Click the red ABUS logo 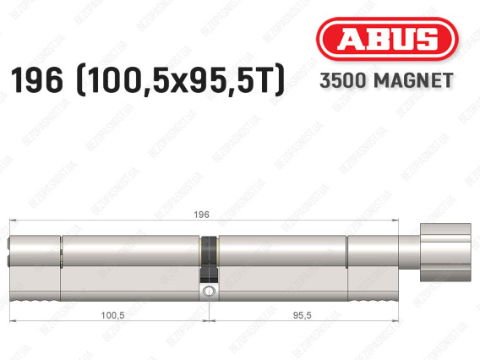pyautogui.click(x=387, y=39)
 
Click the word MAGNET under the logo pyautogui.click(x=413, y=80)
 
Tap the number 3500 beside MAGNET pyautogui.click(x=343, y=80)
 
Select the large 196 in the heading pyautogui.click(x=36, y=80)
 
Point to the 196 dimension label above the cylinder pyautogui.click(x=201, y=215)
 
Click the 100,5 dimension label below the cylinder pyautogui.click(x=112, y=315)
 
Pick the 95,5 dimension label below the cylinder pyautogui.click(x=302, y=315)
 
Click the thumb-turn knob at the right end pyautogui.click(x=445, y=252)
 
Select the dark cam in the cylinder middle pyautogui.click(x=210, y=259)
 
